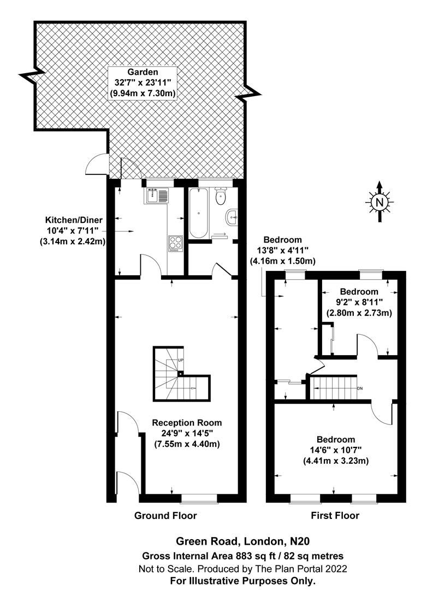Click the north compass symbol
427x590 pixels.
379,202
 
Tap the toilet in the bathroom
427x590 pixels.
221,196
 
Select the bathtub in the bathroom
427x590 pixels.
198,214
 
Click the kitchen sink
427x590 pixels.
157,196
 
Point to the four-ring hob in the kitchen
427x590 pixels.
176,244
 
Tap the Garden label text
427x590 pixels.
143,72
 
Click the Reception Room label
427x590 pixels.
187,422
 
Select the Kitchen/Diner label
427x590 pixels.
74,220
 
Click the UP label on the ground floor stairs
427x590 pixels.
180,360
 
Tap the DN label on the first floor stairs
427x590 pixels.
360,388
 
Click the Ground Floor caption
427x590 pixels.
165,516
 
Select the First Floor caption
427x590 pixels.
335,516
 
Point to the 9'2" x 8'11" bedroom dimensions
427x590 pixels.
359,302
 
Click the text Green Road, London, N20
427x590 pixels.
243,541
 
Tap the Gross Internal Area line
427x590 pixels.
242,556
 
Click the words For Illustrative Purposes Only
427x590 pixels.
242,581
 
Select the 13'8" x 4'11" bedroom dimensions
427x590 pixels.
282,250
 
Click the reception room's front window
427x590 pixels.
199,499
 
